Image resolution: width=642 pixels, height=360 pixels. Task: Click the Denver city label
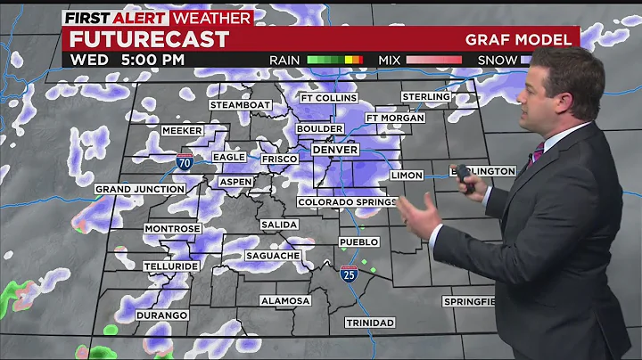(334, 150)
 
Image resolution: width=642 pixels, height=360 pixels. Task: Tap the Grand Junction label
(140, 189)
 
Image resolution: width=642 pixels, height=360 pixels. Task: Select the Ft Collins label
(328, 98)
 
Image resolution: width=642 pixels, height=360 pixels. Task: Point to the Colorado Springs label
(347, 202)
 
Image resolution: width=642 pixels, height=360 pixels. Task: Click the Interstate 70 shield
(184, 161)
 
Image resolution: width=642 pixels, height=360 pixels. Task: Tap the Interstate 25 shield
(348, 274)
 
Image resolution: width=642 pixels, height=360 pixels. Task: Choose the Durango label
(161, 315)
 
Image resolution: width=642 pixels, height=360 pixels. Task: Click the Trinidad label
(370, 322)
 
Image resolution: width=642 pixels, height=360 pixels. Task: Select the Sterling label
(425, 96)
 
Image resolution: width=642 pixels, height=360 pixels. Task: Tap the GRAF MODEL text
(518, 39)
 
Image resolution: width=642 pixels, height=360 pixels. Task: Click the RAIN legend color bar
(334, 60)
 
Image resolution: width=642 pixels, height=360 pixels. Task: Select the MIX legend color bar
(433, 60)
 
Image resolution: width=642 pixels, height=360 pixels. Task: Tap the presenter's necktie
(534, 157)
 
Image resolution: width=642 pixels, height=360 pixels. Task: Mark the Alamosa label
(285, 301)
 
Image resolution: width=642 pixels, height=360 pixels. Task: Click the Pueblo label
(358, 242)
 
